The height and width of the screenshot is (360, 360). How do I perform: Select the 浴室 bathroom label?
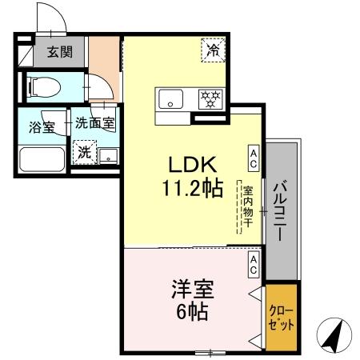point(42,126)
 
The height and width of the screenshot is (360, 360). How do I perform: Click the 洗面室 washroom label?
point(95,124)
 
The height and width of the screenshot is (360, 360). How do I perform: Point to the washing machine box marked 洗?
point(84,150)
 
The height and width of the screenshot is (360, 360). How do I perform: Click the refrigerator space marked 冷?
point(213,50)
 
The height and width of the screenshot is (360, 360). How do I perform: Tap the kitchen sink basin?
point(170,99)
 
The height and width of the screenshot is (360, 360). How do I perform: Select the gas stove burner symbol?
point(210,99)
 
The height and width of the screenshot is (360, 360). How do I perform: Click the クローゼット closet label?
point(282,318)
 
